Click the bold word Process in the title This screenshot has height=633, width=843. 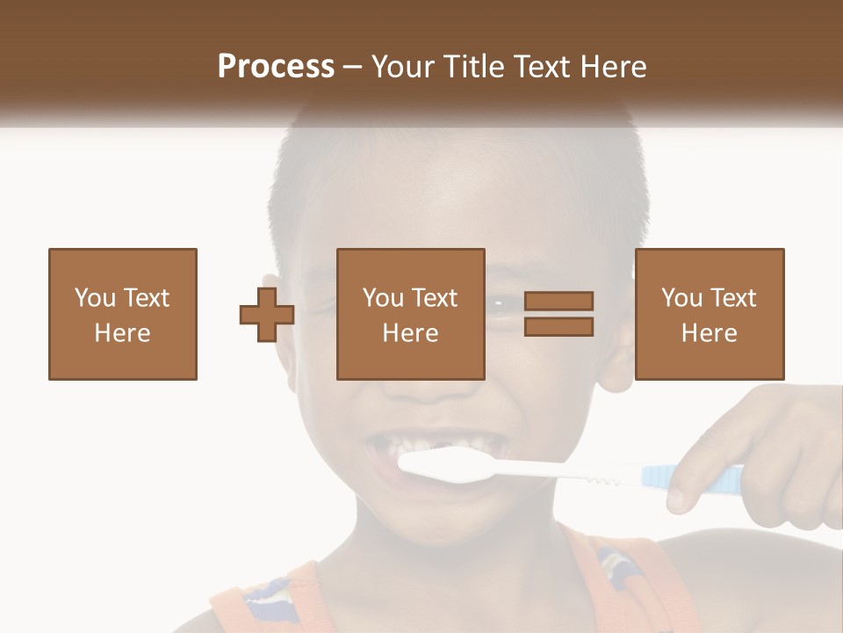(276, 67)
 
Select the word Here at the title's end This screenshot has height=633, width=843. (612, 67)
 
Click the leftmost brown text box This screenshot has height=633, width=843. (122, 314)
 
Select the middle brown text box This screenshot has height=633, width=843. (410, 314)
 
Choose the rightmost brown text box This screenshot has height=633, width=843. (709, 314)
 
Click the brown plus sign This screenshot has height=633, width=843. (267, 315)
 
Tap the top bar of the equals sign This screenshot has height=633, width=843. (558, 302)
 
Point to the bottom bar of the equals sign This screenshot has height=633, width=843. (558, 326)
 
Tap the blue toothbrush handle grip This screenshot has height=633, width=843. (694, 477)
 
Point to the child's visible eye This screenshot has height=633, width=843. (499, 304)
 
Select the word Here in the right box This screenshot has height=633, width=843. (709, 333)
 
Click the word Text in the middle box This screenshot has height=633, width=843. (435, 298)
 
